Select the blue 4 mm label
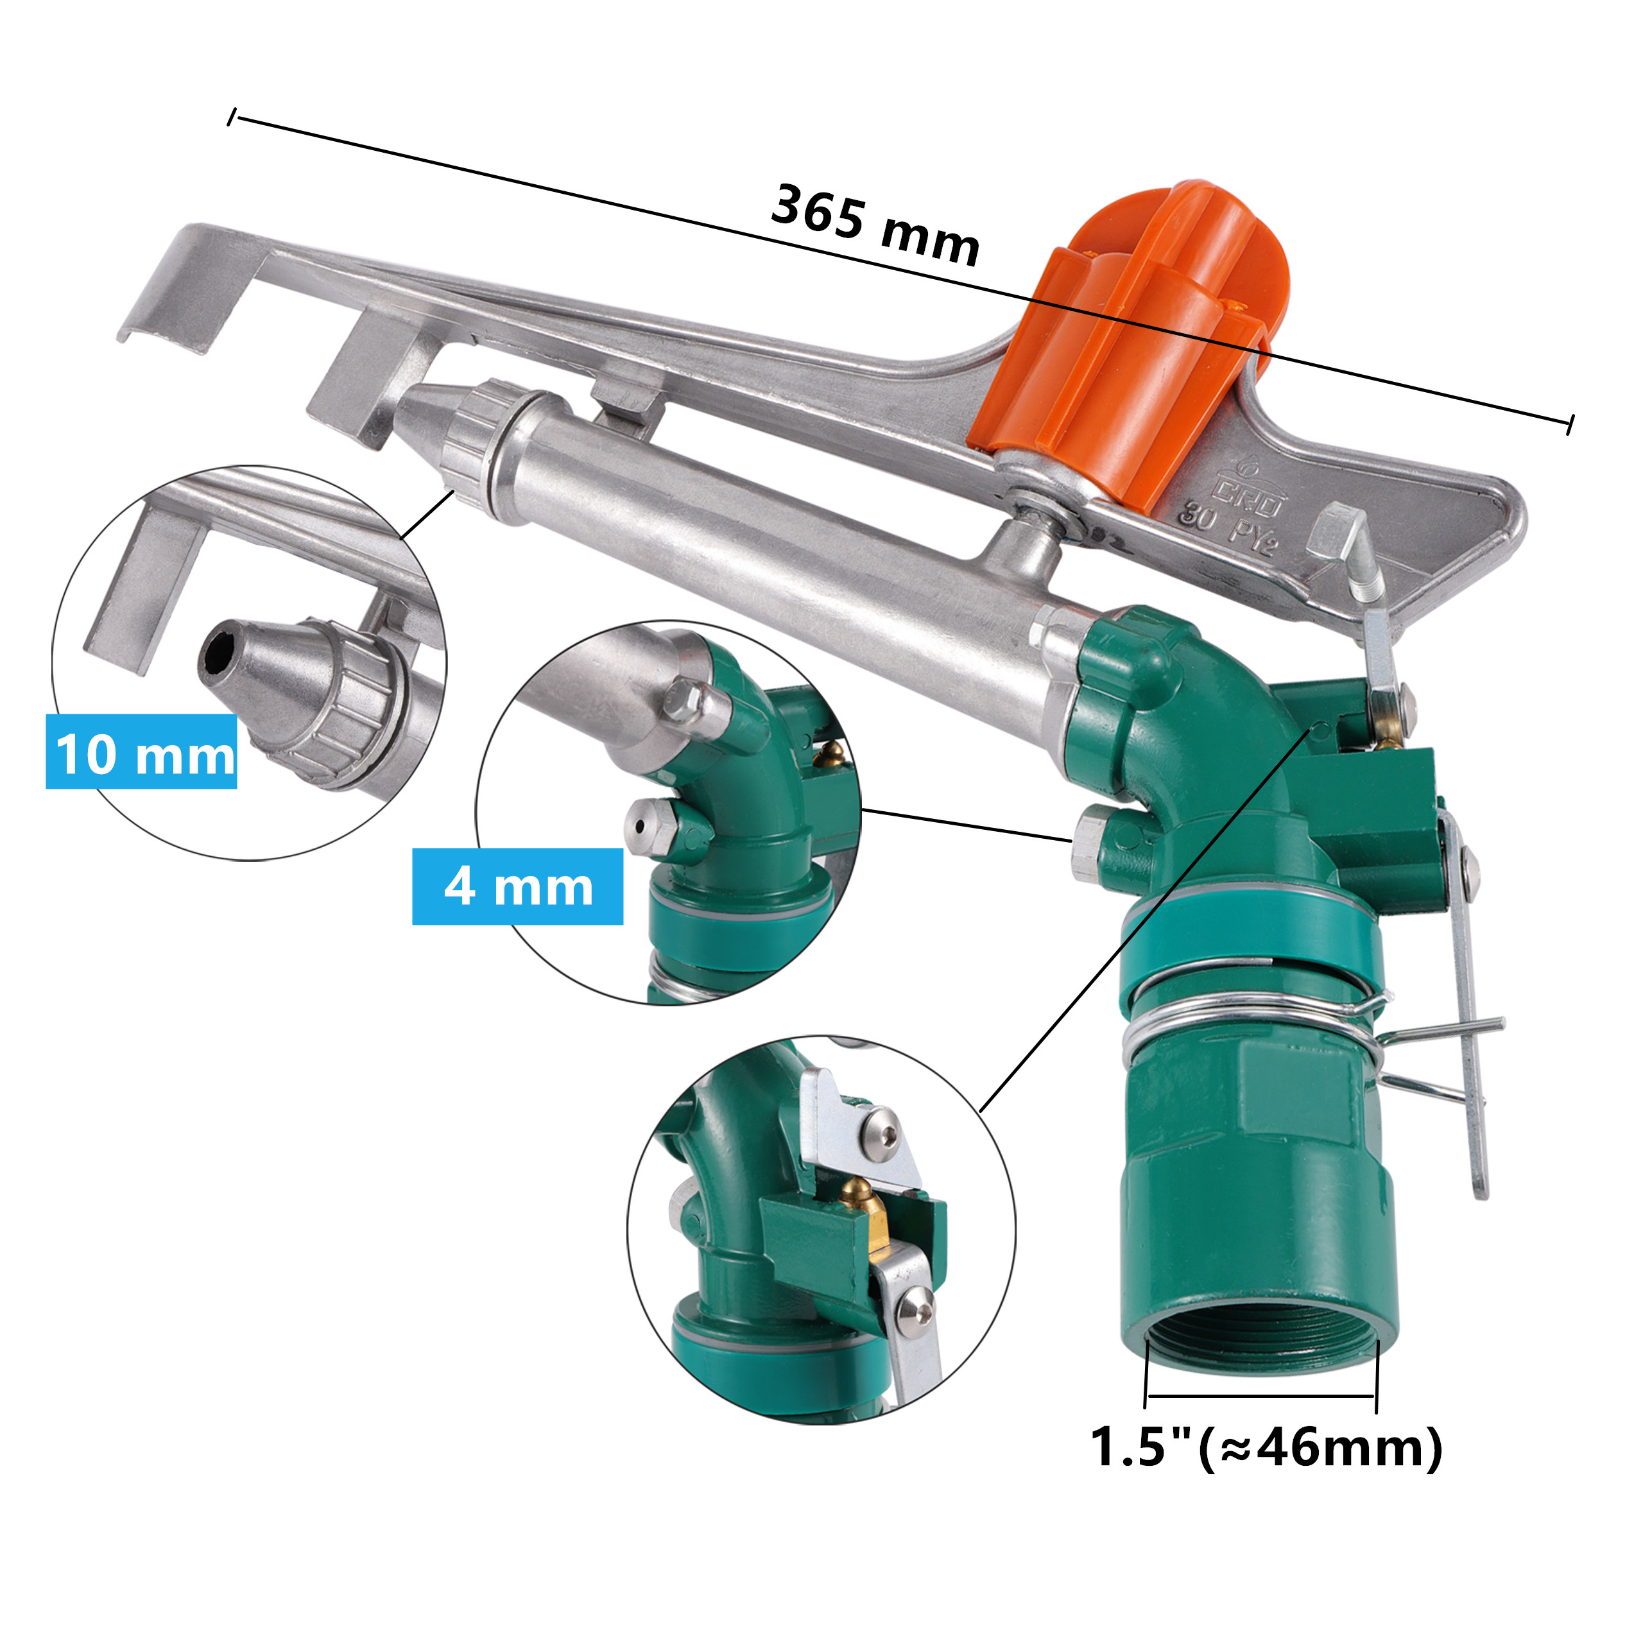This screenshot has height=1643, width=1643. tap(518, 887)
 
